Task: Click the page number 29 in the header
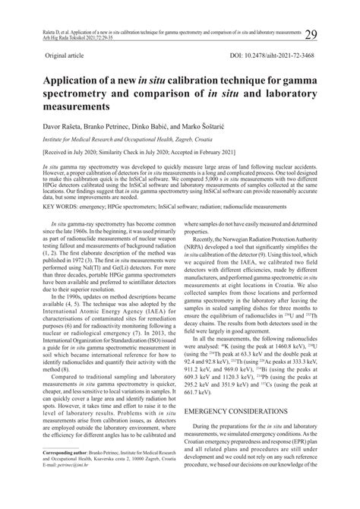pos(311,34)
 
